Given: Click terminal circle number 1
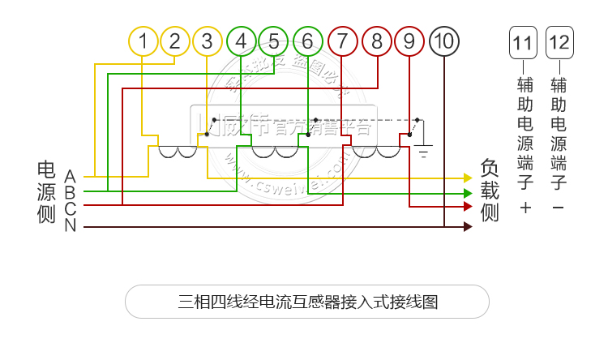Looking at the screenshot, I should [x=143, y=41].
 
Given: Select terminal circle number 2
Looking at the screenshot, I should [x=175, y=41].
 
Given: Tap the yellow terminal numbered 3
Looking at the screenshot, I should [x=208, y=41].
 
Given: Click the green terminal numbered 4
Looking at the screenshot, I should [x=242, y=41].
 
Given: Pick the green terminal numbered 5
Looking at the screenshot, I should [x=274, y=41].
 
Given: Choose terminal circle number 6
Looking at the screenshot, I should [x=308, y=41].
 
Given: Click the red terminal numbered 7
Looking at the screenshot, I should [x=344, y=41].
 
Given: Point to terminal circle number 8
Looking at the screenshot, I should [x=377, y=41].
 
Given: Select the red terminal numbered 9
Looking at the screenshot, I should [x=409, y=41].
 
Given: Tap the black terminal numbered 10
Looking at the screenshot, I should [x=443, y=41].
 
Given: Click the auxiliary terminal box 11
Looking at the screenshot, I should [x=524, y=41].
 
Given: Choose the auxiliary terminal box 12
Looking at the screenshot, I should [x=559, y=41].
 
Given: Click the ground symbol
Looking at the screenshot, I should [x=423, y=151].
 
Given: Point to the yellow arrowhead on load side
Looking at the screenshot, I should [x=468, y=178].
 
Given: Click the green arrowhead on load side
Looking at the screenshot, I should [x=468, y=193].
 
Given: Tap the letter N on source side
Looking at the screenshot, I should [x=71, y=225].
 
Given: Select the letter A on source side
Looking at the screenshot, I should [x=71, y=176].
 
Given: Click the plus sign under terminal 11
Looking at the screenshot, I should [x=525, y=208].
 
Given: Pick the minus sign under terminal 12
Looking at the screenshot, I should [x=558, y=208].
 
